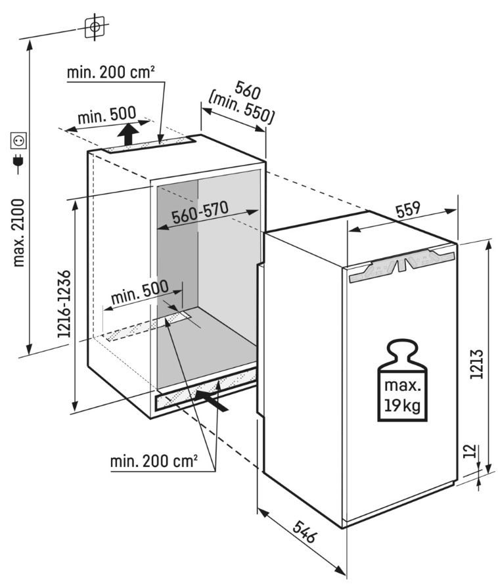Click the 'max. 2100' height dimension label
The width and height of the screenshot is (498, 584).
point(18,233)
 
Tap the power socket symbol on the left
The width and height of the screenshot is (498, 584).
point(18,140)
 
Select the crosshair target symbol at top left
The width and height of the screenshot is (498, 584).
point(95,26)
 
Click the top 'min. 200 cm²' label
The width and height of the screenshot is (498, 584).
point(110,72)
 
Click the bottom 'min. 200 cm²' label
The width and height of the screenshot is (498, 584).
point(154,461)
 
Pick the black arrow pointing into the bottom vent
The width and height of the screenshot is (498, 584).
point(211,400)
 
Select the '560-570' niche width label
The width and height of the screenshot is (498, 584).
point(200,212)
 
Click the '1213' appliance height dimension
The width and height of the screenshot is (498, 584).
point(476,364)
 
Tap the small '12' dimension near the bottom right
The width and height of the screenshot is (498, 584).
point(471,451)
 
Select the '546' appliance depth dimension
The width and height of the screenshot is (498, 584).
point(304,532)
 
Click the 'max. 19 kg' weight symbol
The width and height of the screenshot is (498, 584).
point(402,380)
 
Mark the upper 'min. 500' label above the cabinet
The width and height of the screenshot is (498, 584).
point(107,116)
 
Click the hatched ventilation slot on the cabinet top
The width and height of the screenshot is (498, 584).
point(149,145)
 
